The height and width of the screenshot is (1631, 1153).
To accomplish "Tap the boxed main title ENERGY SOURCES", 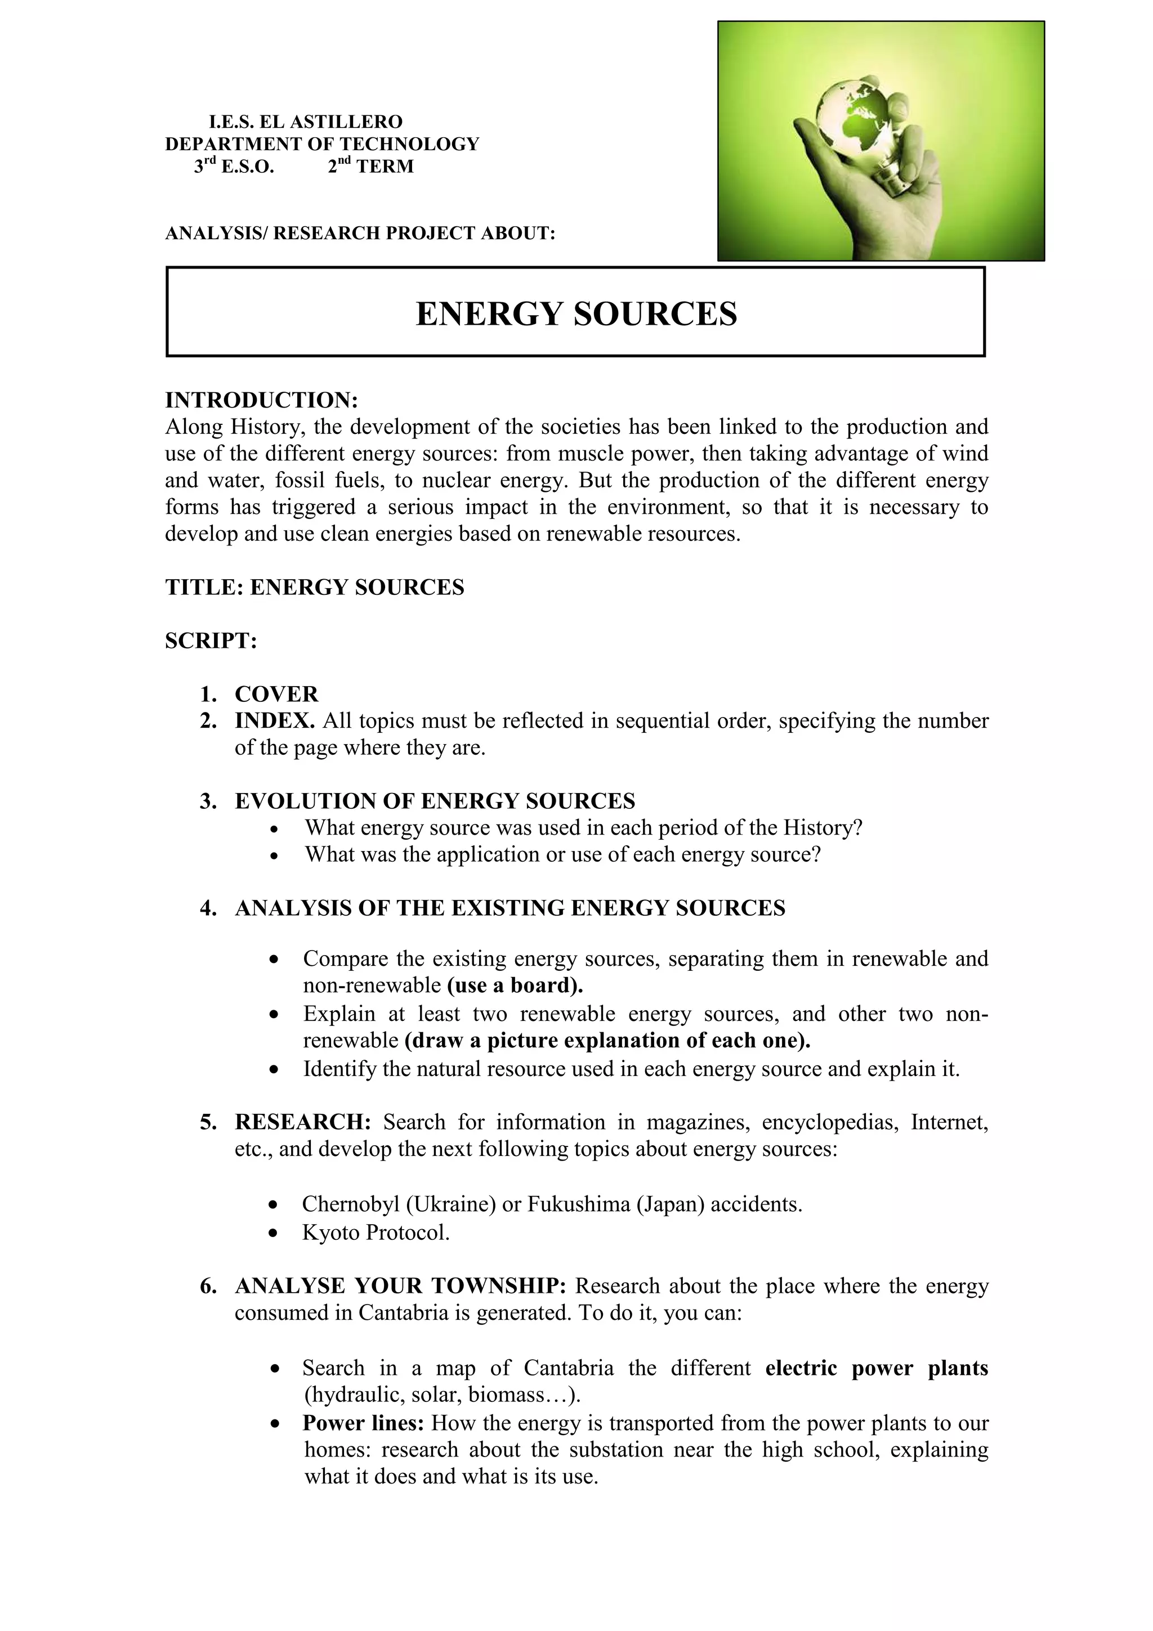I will click(576, 314).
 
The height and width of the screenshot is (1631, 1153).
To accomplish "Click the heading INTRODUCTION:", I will click(261, 400).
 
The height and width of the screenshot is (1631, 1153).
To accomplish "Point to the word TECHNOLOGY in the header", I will click(410, 144).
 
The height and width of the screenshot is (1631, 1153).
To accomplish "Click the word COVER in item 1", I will click(276, 694).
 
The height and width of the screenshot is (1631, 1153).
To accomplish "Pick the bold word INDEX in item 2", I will click(274, 721).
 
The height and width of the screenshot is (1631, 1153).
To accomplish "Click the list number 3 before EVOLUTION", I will click(207, 801).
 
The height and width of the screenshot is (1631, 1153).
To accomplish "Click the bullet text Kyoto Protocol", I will click(376, 1233).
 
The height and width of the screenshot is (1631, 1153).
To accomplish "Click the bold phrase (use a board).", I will click(515, 985).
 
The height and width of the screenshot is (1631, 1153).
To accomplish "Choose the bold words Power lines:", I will click(363, 1423).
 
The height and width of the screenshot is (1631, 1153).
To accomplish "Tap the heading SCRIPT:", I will click(211, 640).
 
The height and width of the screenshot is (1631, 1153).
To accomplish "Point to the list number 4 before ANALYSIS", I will click(207, 908).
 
